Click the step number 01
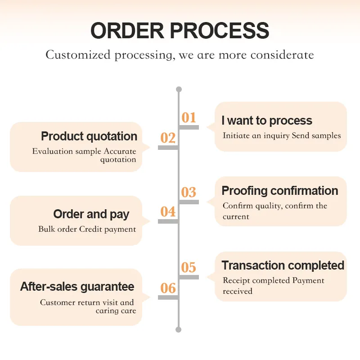pos(189,117)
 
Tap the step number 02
pos(168,138)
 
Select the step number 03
pos(189,193)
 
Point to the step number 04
pos(168,211)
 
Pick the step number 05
pos(189,268)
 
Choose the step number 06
pos(168,288)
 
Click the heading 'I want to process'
pos(267,121)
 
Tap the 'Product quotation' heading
pos(89,136)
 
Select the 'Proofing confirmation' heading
pos(280,191)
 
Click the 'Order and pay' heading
pos(91,214)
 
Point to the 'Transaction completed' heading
pos(283,265)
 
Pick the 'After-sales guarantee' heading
pos(77,287)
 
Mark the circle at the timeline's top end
pos(179,89)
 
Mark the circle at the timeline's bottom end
pos(179,329)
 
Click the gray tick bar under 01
pos(189,127)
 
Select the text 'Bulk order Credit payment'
pos(87,229)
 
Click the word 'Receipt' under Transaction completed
pos(238,280)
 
